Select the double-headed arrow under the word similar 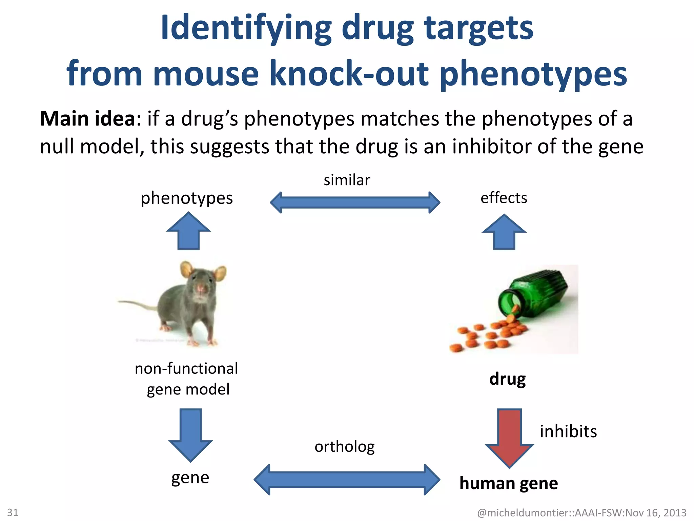[x=355, y=202]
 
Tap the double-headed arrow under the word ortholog [x=347, y=480]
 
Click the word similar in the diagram [x=347, y=180]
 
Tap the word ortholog [x=344, y=447]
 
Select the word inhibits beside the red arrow [x=568, y=431]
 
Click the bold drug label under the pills [x=507, y=379]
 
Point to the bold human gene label [x=508, y=483]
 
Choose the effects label [x=504, y=198]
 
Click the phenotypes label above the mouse [x=187, y=198]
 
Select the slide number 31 [x=13, y=512]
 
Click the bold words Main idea [x=88, y=119]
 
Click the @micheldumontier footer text [x=581, y=513]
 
